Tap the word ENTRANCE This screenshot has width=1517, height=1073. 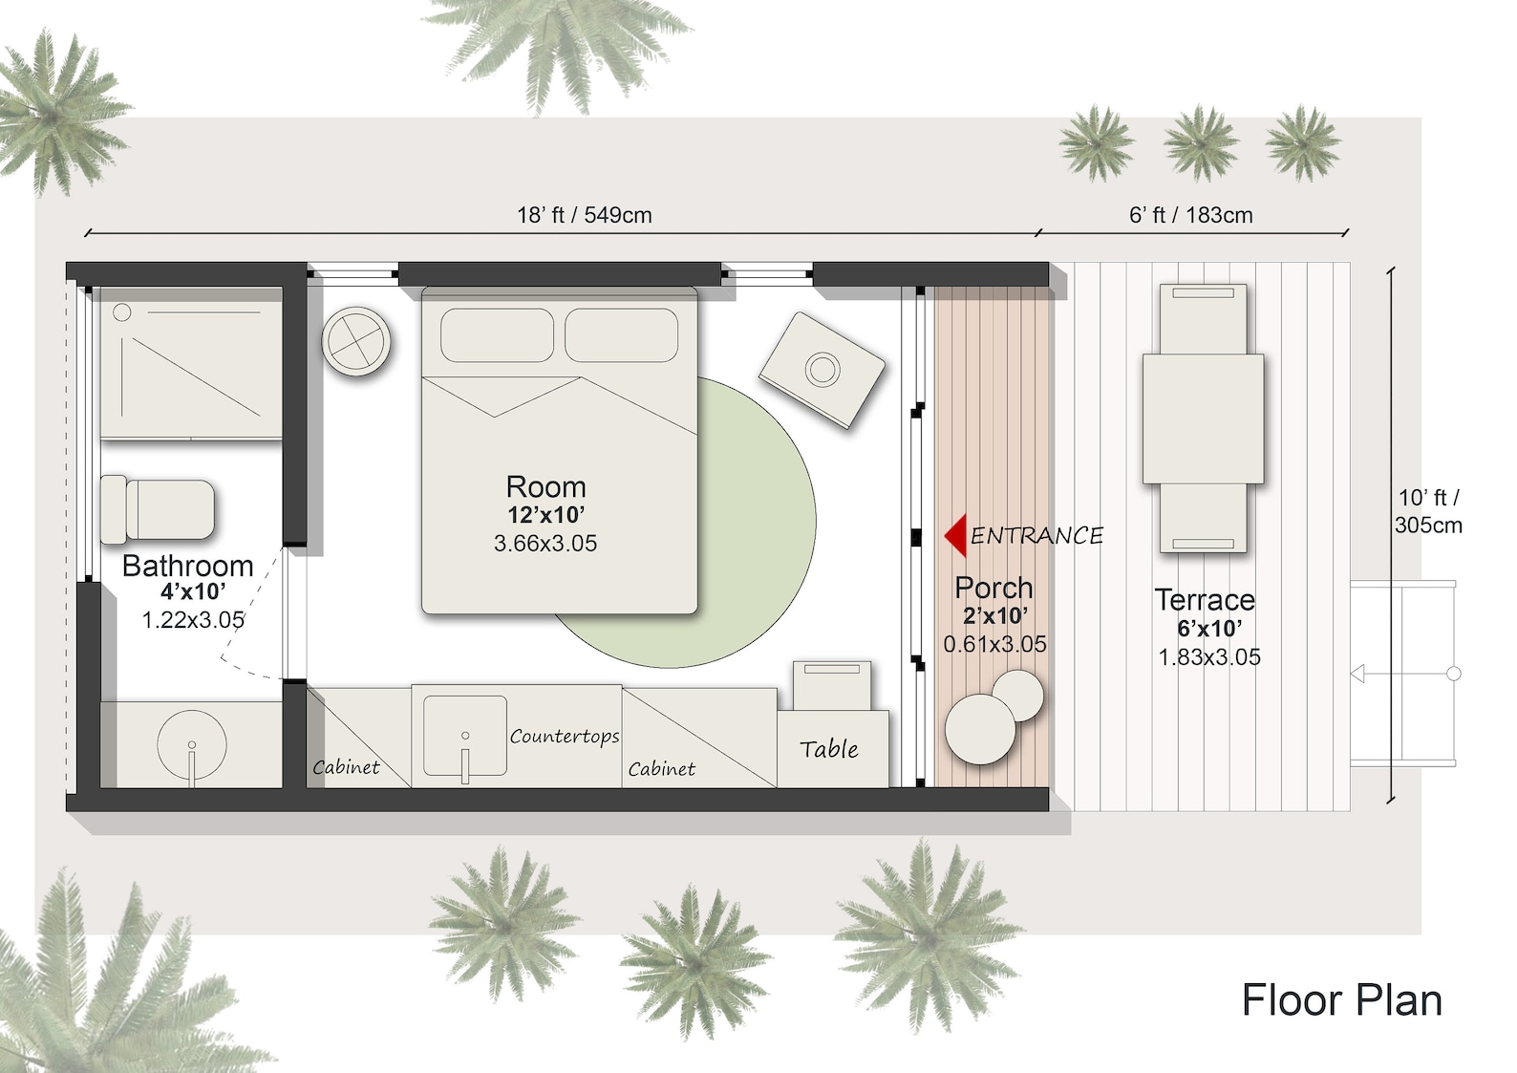pos(1036,536)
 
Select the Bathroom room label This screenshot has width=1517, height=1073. pos(188,566)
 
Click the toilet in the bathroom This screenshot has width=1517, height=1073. pos(160,509)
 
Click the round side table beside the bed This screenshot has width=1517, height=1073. pos(356,341)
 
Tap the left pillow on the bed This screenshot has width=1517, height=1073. pos(497,335)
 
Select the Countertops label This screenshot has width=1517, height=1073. pos(564,736)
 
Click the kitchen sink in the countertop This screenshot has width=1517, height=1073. pos(465,735)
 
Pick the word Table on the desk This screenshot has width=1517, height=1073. pos(829,749)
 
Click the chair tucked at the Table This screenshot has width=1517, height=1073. pos(832,684)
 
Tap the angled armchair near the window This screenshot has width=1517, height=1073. pos(823,369)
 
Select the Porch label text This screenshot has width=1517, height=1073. pos(994,588)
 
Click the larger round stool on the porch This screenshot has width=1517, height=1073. pos(980,729)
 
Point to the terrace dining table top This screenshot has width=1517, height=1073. pos(1203,418)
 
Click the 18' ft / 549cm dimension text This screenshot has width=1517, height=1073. pos(585,215)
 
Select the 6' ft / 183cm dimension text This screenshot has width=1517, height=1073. pos(1190,215)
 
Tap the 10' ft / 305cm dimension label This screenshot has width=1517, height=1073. pos(1428,511)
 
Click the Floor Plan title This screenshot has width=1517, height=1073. pos(1341,1000)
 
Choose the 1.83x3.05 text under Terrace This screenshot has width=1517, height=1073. pos(1209,657)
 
